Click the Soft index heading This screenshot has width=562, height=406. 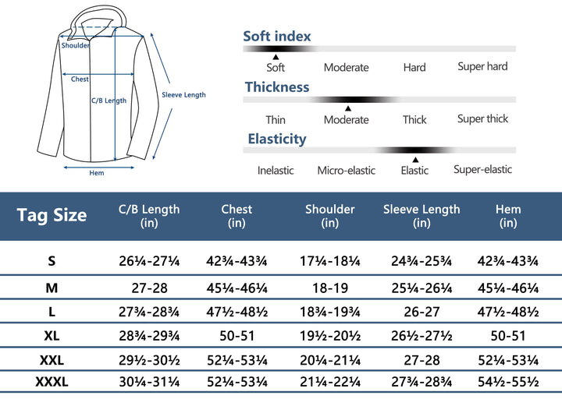[277, 37]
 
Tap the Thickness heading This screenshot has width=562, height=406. [277, 87]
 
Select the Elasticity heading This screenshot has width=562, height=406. [277, 139]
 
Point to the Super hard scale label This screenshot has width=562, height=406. [482, 67]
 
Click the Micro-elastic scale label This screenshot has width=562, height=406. [346, 171]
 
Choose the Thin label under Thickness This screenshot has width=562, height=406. [276, 120]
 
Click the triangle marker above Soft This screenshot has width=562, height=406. [276, 57]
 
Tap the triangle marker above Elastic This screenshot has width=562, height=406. [415, 159]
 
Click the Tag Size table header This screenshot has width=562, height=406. [52, 216]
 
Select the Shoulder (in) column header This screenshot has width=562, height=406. [329, 216]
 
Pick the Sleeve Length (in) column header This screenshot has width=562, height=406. [421, 216]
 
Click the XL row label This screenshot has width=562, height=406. [52, 336]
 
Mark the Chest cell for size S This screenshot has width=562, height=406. [237, 261]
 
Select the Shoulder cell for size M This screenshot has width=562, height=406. [329, 288]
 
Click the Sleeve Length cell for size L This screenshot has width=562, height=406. [421, 312]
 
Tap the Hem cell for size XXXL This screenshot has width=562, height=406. [508, 383]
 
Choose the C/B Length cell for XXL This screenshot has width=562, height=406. [149, 360]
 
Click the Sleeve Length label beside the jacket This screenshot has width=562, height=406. [183, 95]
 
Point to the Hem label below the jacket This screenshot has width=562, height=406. [97, 173]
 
